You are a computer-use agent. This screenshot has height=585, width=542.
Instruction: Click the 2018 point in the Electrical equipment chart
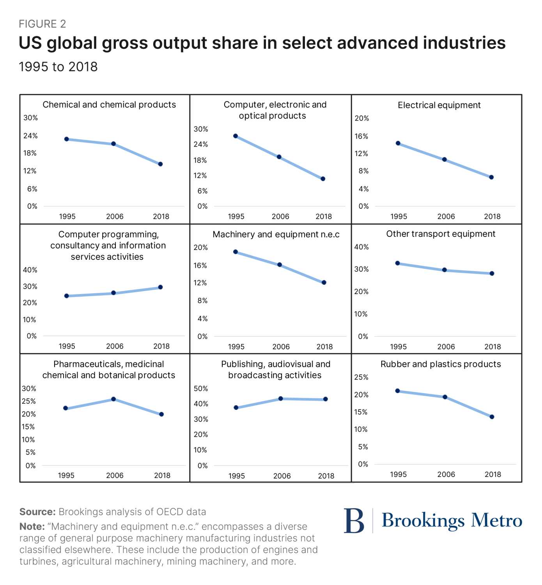[x=491, y=177]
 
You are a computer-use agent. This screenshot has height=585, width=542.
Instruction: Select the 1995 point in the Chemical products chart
[x=67, y=139]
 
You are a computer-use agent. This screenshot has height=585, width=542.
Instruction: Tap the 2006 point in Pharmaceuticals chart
[x=113, y=399]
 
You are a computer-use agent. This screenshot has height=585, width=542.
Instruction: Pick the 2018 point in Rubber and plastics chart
[x=492, y=417]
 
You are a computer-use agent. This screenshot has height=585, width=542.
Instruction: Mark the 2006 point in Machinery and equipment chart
[x=280, y=264]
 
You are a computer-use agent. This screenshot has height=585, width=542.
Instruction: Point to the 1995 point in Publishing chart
[x=236, y=408]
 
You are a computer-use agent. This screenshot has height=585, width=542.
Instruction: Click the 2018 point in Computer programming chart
[x=160, y=287]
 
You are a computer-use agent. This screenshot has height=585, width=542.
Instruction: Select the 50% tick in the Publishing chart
[x=201, y=388]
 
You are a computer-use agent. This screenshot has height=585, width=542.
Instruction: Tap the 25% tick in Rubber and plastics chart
[x=361, y=377]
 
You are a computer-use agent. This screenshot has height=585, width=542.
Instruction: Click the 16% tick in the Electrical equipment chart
[x=361, y=136]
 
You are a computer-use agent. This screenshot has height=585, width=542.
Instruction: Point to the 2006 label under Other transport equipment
[x=446, y=346]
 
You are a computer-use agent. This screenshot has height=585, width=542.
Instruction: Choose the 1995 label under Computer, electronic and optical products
[x=236, y=216]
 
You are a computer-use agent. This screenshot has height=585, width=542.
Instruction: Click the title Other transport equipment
[x=441, y=234]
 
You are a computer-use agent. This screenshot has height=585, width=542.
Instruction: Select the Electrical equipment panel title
[x=439, y=105]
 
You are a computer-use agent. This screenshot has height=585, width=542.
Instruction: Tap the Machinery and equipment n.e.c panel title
[x=276, y=234]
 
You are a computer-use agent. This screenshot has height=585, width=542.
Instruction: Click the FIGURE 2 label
[x=43, y=24]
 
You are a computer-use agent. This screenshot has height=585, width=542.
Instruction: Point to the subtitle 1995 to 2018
[x=58, y=67]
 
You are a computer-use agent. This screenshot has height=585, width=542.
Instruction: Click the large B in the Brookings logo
[x=354, y=521]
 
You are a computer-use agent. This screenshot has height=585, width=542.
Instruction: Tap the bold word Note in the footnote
[x=32, y=526]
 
